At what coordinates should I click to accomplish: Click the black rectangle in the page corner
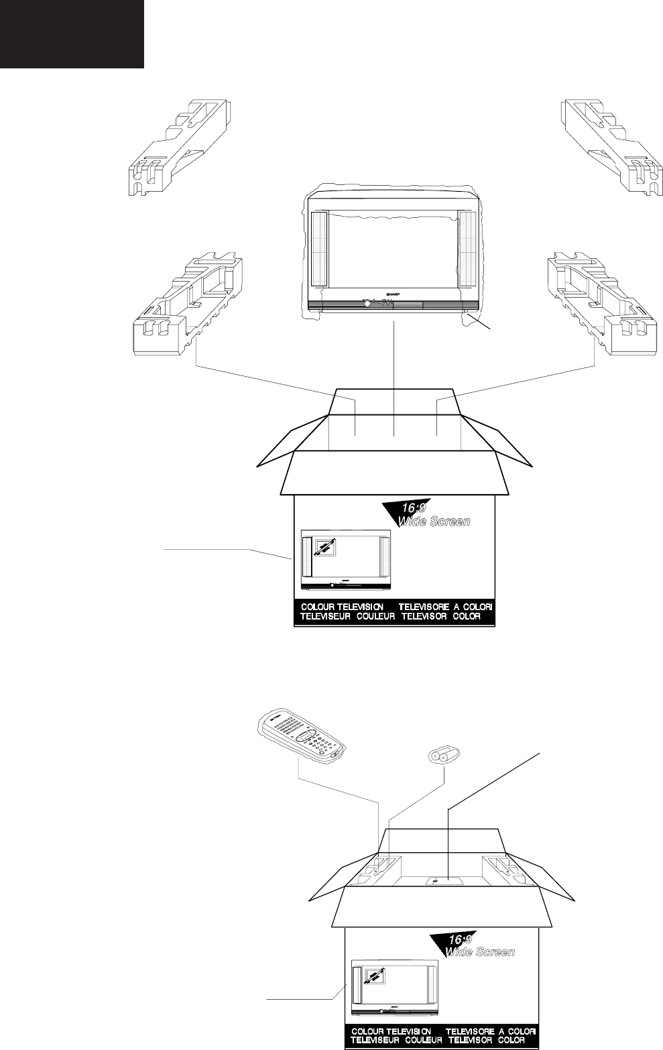pyautogui.click(x=72, y=34)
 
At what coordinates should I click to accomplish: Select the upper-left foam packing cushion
pyautogui.click(x=179, y=148)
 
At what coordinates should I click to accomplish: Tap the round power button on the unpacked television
pyautogui.click(x=367, y=304)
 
